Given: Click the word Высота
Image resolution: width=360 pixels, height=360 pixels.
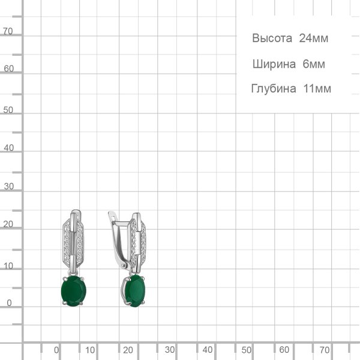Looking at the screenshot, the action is (272, 38).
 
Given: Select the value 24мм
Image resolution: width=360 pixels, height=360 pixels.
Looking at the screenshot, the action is (314, 38).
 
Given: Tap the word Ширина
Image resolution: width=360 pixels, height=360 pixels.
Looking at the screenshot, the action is (274, 64).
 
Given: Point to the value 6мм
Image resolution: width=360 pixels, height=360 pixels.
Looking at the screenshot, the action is (314, 64).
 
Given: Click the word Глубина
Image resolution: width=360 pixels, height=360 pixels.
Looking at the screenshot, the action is (274, 89).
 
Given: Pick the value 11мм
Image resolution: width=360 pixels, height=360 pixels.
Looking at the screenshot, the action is (317, 89).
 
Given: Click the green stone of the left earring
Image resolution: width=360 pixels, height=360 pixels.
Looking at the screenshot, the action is (74, 291).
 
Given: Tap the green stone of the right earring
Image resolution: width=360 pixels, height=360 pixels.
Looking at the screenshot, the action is (134, 291).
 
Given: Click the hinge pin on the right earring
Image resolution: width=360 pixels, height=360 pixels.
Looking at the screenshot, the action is (124, 266).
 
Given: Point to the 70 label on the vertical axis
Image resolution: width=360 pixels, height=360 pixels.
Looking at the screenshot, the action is (8, 31).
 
